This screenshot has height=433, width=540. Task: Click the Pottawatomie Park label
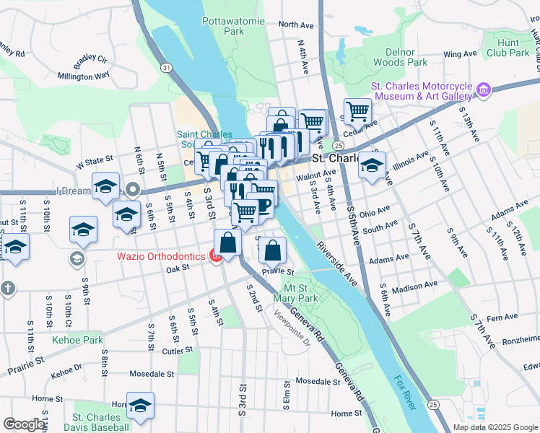click(x=223, y=27)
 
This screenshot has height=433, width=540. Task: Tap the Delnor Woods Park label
click(x=395, y=58)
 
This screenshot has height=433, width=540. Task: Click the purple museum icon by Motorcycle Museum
click(x=483, y=91)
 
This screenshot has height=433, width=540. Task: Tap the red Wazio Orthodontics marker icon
click(x=215, y=256)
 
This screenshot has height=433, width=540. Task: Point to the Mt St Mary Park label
click(x=296, y=292)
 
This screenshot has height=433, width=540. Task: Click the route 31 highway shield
click(x=167, y=67)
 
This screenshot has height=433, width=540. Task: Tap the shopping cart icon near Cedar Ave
click(x=357, y=113)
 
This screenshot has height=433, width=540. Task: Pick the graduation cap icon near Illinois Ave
click(x=372, y=165)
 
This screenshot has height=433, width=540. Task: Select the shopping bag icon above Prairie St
click(x=271, y=251)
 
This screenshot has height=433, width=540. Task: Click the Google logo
click(x=23, y=424)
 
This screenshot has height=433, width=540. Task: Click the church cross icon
click(x=7, y=288)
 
